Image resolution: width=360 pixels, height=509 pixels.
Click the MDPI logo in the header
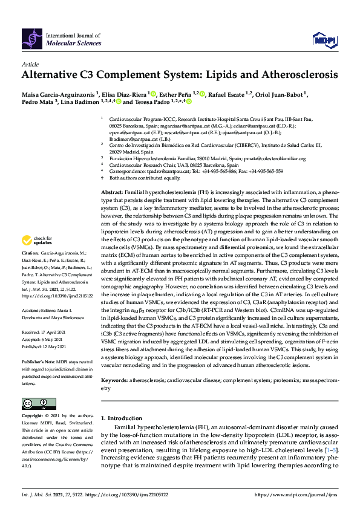tap(324, 40)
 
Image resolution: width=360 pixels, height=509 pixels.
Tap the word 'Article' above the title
tap(30, 64)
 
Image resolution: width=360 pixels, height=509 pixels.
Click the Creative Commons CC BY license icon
tap(34, 404)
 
